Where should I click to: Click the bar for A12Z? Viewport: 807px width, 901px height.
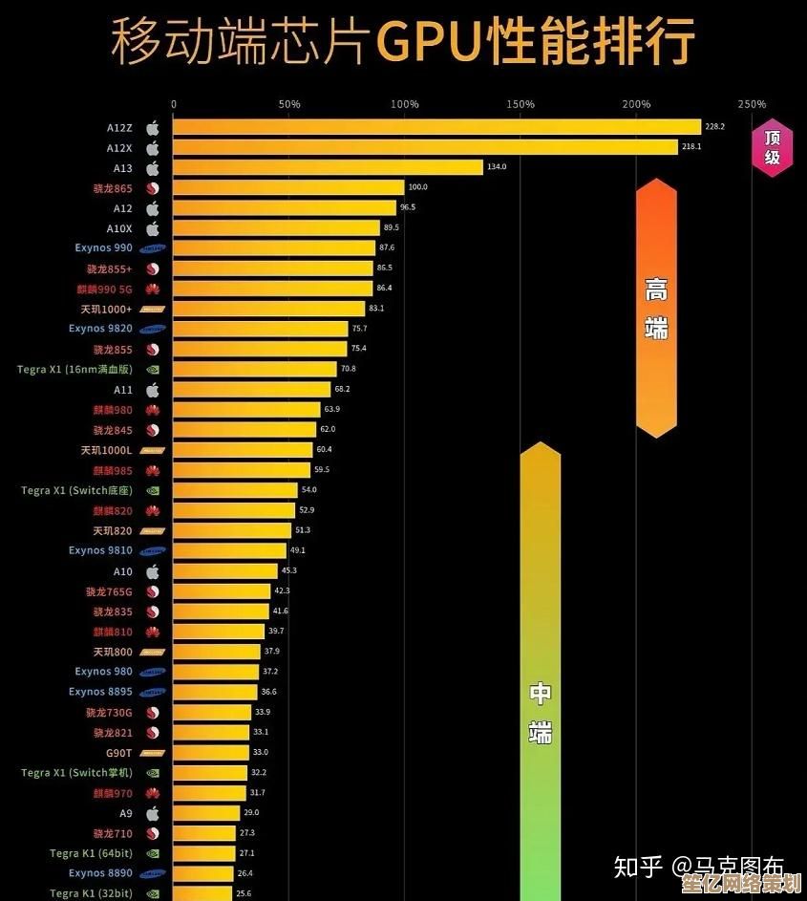436,126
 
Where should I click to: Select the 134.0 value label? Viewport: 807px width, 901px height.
497,167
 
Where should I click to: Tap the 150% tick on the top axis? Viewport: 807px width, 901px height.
520,104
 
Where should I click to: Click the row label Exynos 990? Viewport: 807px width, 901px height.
103,248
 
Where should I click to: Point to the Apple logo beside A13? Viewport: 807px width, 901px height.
152,168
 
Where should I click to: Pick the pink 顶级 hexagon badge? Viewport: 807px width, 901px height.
772,147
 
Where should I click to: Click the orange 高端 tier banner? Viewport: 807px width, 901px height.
656,308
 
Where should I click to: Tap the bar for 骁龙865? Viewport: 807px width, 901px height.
288,187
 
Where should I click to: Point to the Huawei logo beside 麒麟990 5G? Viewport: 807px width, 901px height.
152,289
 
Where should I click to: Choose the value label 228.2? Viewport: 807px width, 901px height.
714,126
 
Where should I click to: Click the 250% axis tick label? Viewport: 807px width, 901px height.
752,104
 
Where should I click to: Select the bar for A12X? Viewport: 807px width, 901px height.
425,147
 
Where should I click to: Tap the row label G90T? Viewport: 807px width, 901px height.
118,753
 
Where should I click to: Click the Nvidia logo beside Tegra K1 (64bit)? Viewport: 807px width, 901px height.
152,853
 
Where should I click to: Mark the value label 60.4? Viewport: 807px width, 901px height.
325,449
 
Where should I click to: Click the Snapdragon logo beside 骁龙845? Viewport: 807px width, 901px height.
152,430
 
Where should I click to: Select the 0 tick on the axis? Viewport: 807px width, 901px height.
174,104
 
